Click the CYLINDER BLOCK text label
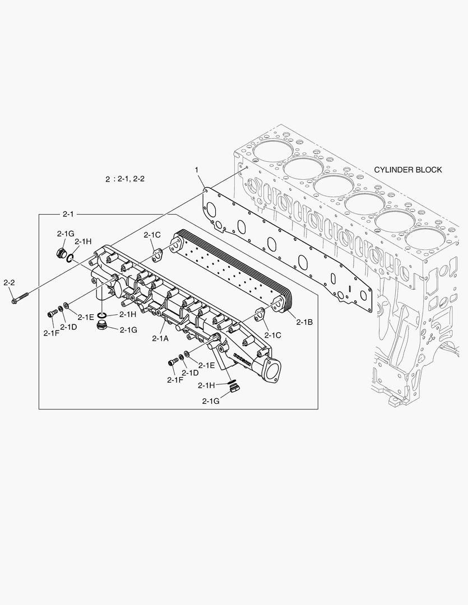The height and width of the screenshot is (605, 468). point(408,170)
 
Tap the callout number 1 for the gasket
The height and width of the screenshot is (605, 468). point(197,169)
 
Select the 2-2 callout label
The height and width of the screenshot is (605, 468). point(9,283)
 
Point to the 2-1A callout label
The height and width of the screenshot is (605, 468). point(160,338)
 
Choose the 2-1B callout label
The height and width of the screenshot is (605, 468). point(304,322)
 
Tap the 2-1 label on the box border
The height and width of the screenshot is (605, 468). point(68,214)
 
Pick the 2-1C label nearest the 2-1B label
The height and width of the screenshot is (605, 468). point(273,335)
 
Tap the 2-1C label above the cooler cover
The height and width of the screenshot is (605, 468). point(152,235)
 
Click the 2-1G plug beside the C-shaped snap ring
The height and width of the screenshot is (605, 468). point(62,253)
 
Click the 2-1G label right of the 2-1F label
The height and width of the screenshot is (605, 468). point(128,329)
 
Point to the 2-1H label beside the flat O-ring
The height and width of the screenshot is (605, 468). point(128,315)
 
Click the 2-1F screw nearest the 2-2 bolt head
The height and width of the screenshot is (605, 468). point(52,313)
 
